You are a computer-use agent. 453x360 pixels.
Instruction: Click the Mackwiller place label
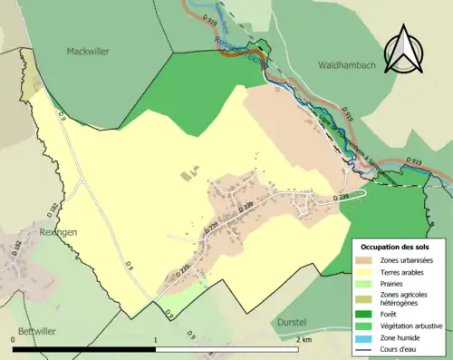pyautogui.click(x=88, y=52)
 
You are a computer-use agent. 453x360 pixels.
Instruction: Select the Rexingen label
pyautogui.click(x=33, y=231)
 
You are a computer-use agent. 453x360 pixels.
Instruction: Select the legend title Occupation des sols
pyautogui.click(x=397, y=247)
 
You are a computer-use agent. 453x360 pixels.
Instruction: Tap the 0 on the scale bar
pyautogui.click(x=13, y=339)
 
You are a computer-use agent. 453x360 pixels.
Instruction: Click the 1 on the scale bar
pyautogui.click(x=157, y=339)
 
